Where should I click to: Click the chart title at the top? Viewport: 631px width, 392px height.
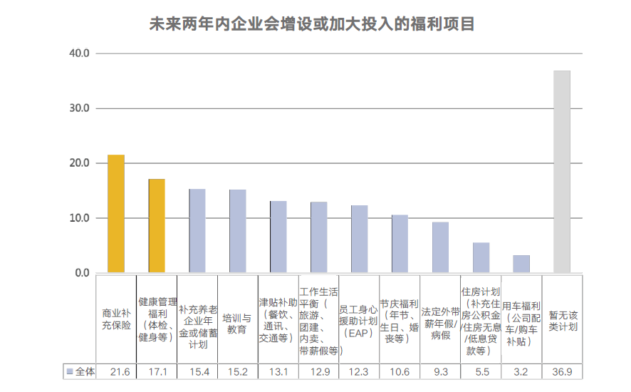coord(311,24)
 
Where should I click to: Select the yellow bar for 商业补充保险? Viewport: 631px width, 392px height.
coord(116,214)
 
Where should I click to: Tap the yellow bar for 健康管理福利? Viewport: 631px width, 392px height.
coord(157,226)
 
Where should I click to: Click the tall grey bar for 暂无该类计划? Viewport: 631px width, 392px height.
coord(562,172)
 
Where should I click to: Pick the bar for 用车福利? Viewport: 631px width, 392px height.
coord(521,264)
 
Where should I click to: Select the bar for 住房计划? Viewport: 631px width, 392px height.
coord(481,258)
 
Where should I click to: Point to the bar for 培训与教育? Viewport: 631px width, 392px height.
coord(238,231)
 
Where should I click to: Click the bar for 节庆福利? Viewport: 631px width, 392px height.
coord(400,244)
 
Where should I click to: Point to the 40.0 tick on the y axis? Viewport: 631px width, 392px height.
coord(79,53)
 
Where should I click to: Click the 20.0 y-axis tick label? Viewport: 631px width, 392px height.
coord(79,163)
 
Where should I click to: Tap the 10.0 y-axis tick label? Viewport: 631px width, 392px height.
coord(79,218)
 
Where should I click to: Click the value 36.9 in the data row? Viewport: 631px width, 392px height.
coord(562,372)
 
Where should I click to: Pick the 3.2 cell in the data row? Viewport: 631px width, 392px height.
coord(521,372)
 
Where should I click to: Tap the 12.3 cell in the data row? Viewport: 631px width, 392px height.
coord(359,372)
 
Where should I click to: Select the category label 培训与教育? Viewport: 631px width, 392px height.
coord(238,324)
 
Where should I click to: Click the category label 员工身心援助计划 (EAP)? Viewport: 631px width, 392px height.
coord(359,321)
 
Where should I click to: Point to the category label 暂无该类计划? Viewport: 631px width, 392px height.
coord(562,321)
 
